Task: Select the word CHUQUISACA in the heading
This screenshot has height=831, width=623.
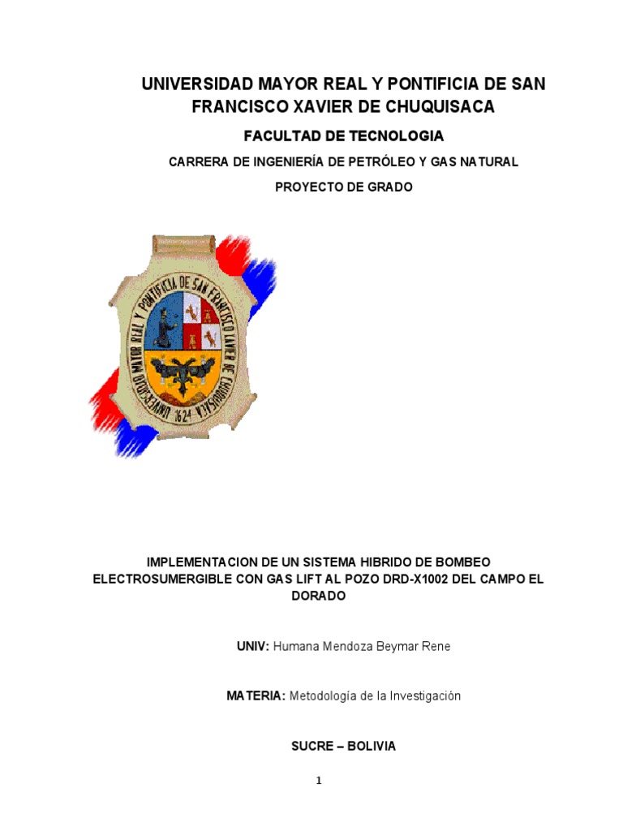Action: click(x=439, y=106)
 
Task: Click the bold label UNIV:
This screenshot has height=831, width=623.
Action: click(x=252, y=647)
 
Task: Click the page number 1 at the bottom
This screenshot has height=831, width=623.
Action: click(x=319, y=781)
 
